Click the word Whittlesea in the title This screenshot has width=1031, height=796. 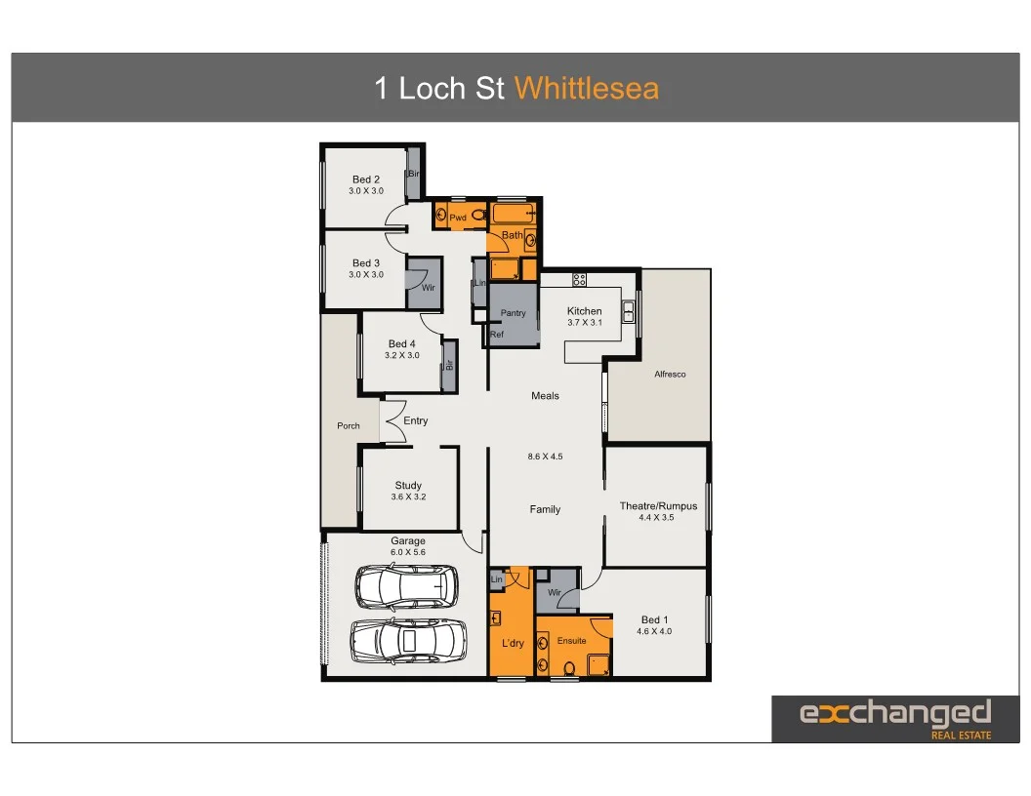(587, 89)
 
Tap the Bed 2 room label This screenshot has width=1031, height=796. (366, 179)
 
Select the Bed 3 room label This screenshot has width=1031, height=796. (366, 263)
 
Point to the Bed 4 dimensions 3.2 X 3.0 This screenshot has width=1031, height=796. (402, 356)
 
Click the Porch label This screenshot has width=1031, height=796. (349, 425)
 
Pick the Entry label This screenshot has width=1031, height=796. (416, 420)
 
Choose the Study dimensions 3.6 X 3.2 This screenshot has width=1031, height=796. (408, 497)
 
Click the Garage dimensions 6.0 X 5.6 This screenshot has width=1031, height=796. (408, 552)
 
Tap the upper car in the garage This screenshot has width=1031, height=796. (406, 586)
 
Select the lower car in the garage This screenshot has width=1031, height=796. (402, 640)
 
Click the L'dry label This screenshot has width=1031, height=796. (513, 644)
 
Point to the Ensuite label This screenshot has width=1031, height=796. (572, 641)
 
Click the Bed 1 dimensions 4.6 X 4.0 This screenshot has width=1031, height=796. (654, 631)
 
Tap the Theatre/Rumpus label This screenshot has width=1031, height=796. (658, 506)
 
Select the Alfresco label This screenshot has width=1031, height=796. (670, 375)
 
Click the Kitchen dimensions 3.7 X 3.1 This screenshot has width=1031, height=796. (585, 322)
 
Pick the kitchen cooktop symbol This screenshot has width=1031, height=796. (579, 280)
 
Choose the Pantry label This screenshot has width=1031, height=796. (514, 313)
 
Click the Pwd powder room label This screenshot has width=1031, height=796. (458, 218)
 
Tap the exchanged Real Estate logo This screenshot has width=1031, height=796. (895, 719)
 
